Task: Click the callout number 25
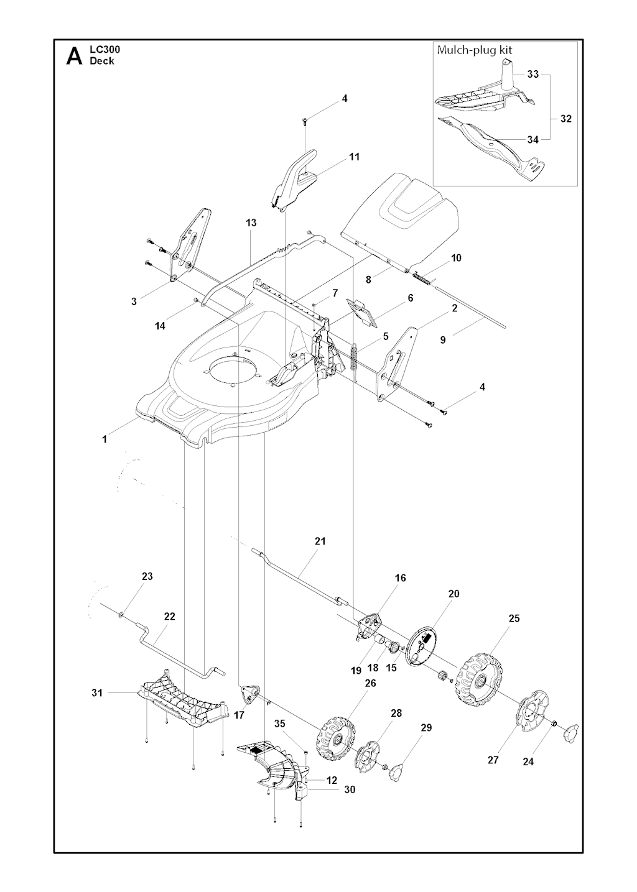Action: (x=514, y=618)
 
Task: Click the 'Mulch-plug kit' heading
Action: (x=475, y=50)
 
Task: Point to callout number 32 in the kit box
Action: (x=566, y=118)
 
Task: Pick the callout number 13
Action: (x=251, y=223)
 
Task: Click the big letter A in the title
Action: (x=74, y=56)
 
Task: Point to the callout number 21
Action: (x=320, y=541)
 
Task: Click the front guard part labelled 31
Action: (x=180, y=702)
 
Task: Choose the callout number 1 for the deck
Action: (x=105, y=439)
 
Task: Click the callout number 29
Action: (x=426, y=728)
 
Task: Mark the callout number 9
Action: (x=443, y=340)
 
